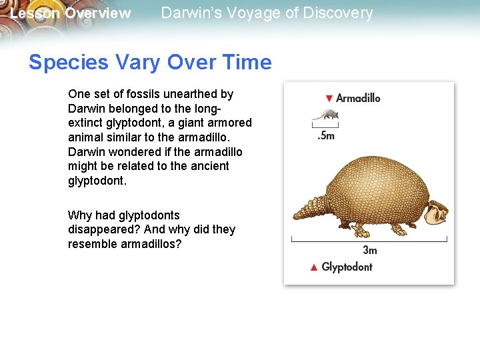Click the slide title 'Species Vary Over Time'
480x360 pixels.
point(150,63)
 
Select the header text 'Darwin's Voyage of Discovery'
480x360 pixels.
point(267,13)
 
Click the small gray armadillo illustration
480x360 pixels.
point(325,115)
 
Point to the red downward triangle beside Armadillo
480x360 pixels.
point(328,99)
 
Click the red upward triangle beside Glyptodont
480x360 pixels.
point(313,267)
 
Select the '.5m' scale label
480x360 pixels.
point(326,135)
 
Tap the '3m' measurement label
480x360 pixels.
point(369,250)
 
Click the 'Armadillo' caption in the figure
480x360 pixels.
point(358,98)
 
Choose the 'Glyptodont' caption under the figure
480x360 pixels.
point(347,267)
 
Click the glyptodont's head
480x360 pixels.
point(437,213)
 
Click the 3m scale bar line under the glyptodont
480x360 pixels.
point(369,239)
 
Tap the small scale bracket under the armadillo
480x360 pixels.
point(325,125)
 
